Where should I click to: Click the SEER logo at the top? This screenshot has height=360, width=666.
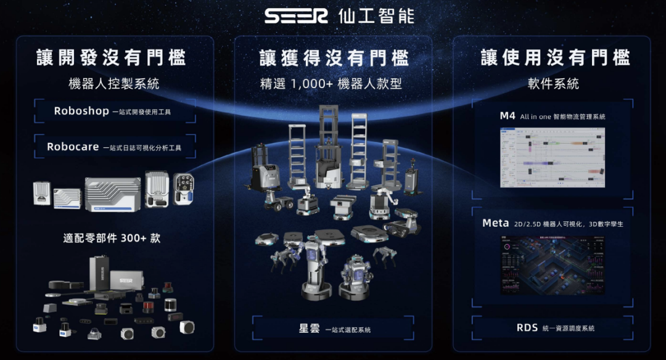[297, 15]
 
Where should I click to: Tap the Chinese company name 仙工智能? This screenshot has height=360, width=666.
[376, 15]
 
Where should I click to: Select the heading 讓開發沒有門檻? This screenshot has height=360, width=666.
[111, 58]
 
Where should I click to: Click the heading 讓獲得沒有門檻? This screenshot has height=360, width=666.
[334, 58]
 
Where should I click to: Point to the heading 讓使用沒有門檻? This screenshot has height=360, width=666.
[555, 58]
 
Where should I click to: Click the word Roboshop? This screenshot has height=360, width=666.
[81, 112]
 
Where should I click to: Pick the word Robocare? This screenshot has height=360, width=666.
[73, 147]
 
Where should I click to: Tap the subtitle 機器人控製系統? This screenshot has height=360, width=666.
[114, 84]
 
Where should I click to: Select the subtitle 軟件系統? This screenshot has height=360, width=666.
[553, 84]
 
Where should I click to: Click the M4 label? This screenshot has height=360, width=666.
[508, 116]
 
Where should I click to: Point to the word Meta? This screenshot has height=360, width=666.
[495, 223]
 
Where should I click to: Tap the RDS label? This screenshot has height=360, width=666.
[528, 328]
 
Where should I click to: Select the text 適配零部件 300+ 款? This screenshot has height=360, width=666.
[111, 238]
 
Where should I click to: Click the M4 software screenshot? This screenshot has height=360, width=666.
[552, 157]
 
